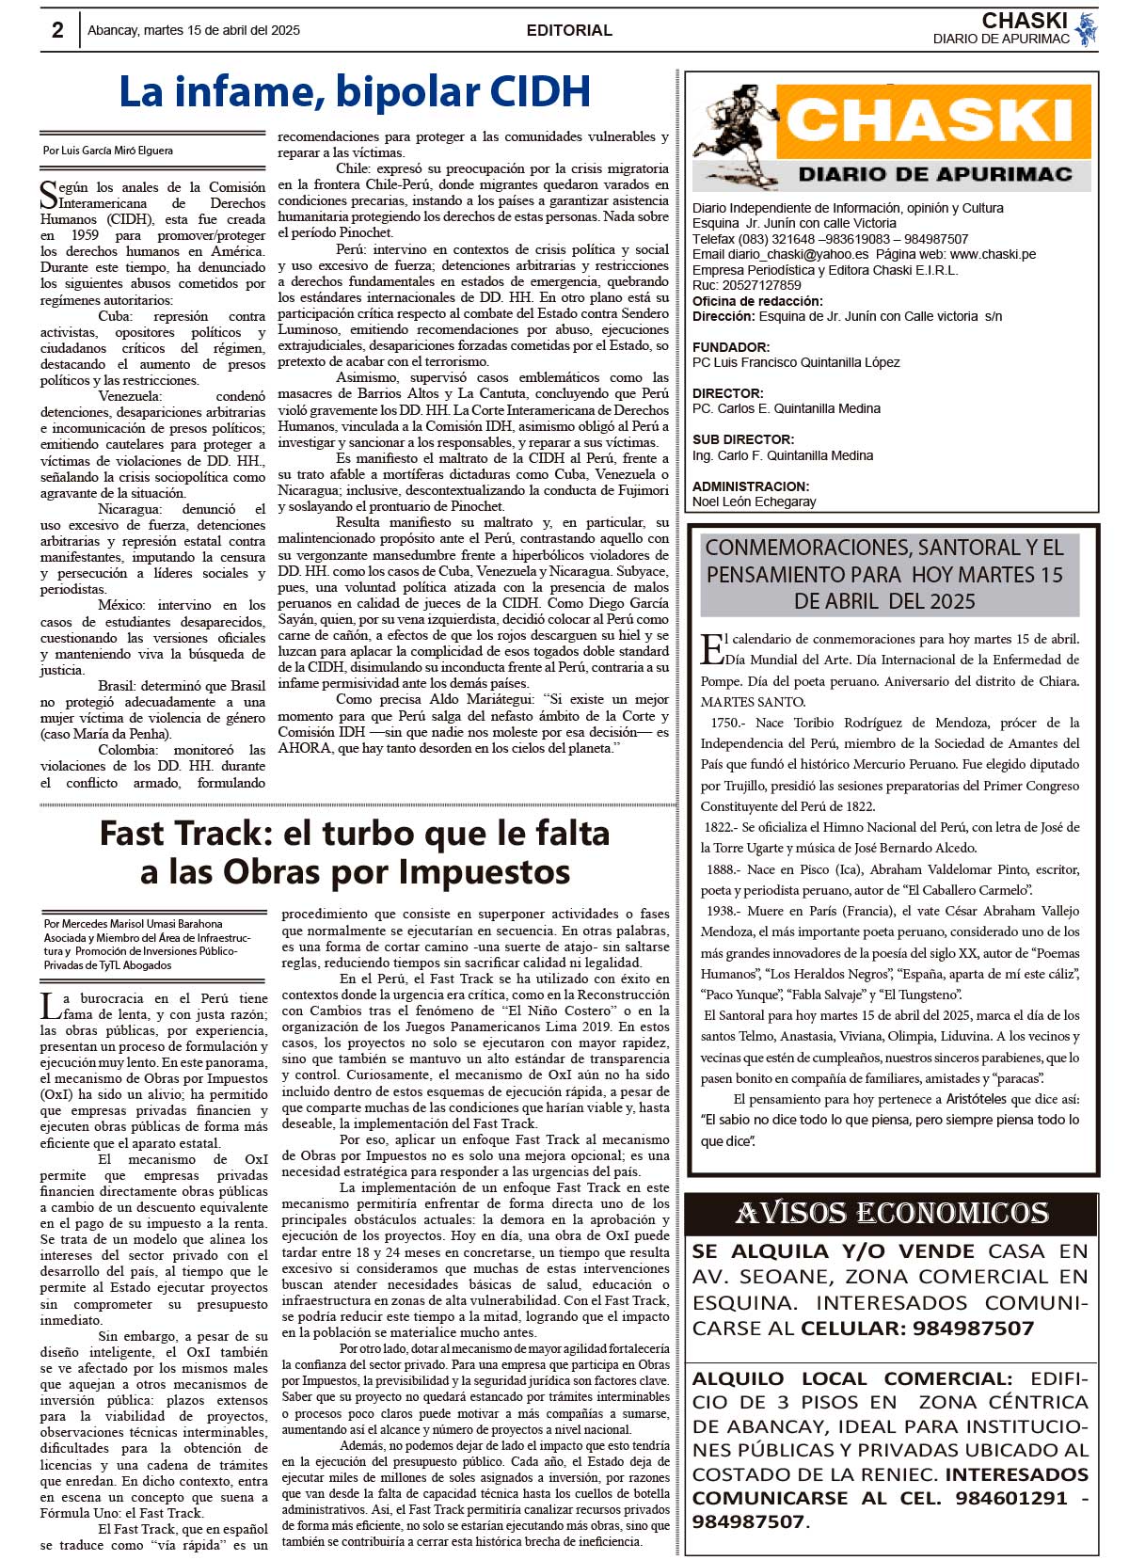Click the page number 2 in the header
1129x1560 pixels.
[x=57, y=30]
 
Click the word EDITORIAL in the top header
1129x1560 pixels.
[x=569, y=30]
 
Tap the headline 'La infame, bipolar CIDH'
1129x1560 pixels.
[x=355, y=92]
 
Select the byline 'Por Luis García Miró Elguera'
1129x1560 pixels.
[x=108, y=151]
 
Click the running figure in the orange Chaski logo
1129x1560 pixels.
[x=734, y=132]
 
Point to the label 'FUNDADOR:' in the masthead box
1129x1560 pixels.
[x=731, y=347]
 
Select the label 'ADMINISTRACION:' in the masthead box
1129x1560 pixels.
[x=751, y=486]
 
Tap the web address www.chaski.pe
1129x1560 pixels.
[x=993, y=254]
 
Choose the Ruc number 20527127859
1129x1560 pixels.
[x=760, y=285]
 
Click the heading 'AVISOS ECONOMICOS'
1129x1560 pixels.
[x=891, y=1214]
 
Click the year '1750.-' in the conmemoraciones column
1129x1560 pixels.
[x=727, y=723]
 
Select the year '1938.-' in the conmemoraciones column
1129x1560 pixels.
[x=724, y=911]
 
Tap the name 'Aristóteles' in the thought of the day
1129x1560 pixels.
[x=978, y=1099]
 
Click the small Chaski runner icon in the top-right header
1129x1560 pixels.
[x=1087, y=29]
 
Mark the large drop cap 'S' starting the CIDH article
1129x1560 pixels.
[x=49, y=195]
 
